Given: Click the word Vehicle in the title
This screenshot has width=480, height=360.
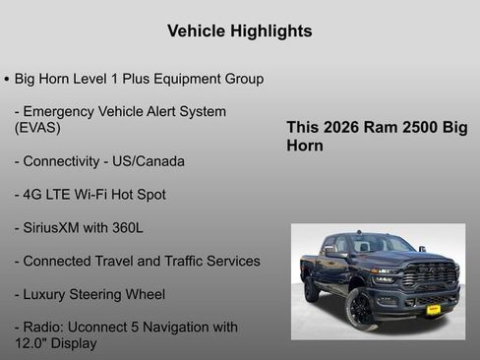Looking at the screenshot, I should [195, 31].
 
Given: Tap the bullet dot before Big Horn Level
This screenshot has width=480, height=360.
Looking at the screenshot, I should [7, 79].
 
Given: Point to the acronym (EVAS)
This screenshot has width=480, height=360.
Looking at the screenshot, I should [37, 128].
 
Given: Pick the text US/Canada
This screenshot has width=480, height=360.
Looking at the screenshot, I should [149, 161].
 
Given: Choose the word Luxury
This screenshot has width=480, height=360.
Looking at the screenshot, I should [50, 295].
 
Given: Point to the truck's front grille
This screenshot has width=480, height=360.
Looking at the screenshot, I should [430, 275].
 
